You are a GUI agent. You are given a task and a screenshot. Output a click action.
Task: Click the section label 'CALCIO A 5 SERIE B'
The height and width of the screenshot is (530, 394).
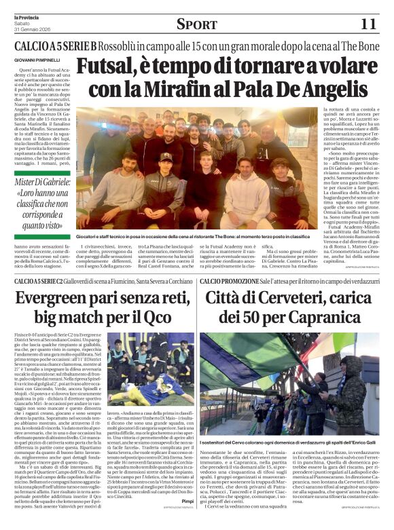click(48, 47)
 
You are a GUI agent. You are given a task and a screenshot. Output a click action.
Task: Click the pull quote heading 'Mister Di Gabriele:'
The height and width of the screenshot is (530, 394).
click(44, 181)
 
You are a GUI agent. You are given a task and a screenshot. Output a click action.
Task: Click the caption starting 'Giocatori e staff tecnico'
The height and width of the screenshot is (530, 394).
click(197, 235)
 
